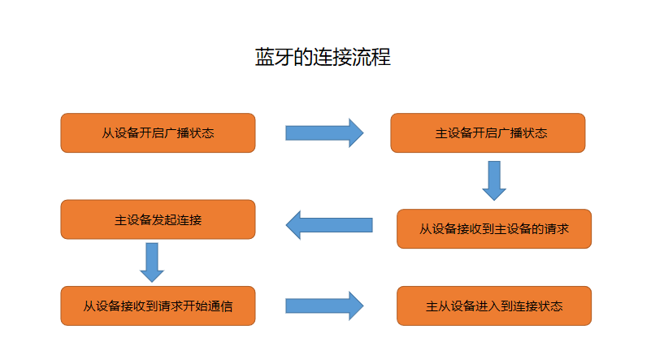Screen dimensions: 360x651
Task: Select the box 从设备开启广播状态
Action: [158, 133]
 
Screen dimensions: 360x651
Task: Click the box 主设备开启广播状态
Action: [488, 133]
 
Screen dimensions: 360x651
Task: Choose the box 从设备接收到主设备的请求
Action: [493, 229]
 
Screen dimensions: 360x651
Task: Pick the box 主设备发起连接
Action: [158, 219]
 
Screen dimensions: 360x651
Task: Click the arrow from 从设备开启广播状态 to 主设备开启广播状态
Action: [323, 133]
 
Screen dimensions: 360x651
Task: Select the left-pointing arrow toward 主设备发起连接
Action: [329, 225]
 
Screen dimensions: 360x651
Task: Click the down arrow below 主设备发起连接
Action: [152, 262]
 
